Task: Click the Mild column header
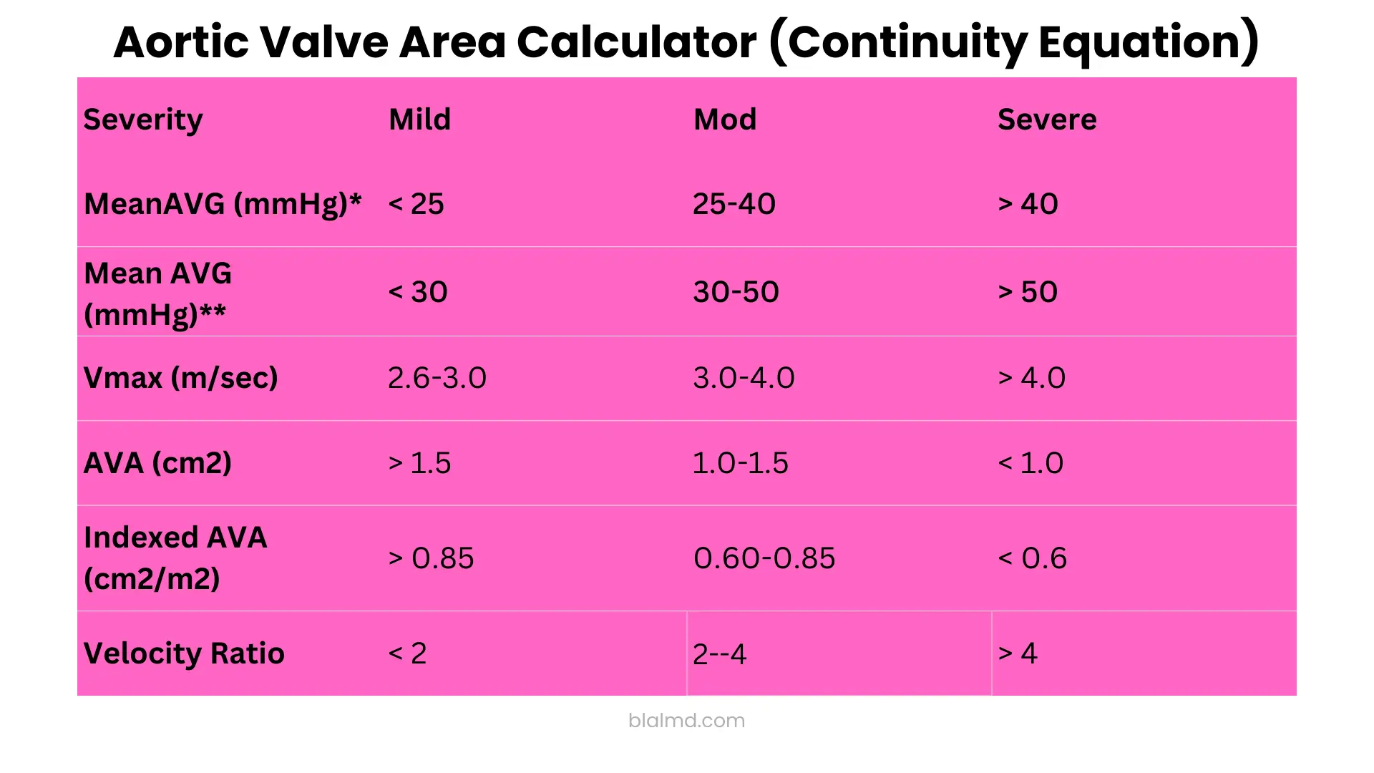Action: pos(419,120)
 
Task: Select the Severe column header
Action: pos(1046,120)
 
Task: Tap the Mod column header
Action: pos(724,120)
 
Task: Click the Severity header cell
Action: pos(143,120)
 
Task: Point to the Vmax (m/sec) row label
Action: pos(180,378)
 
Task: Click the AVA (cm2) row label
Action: pos(157,463)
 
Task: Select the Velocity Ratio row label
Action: pos(184,653)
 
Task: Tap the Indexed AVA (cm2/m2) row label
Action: pos(175,558)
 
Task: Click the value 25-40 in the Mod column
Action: pos(734,205)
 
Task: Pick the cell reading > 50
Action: pos(1028,292)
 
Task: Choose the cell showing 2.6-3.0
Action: pos(437,378)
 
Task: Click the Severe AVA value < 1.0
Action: pos(1030,463)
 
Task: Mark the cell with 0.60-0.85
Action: pos(764,558)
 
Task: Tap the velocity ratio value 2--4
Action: pos(719,654)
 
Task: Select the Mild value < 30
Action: pos(418,292)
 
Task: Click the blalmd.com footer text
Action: pos(686,720)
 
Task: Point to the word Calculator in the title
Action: pos(635,42)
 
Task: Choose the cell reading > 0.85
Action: pos(431,558)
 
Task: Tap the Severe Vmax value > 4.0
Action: pos(1031,378)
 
